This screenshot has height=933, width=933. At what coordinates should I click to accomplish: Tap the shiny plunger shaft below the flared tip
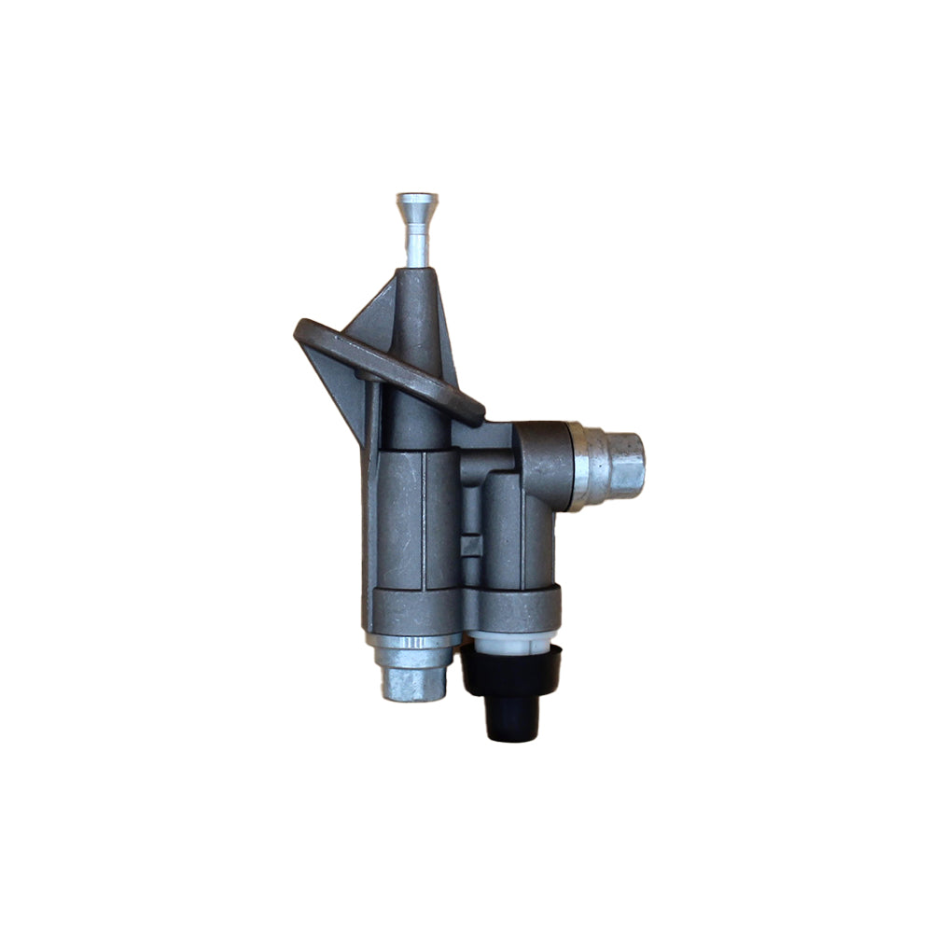pos(416,244)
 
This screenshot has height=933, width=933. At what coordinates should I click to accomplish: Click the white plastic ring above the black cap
pos(510,643)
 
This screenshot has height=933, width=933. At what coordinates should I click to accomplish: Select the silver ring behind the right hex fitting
pos(583,465)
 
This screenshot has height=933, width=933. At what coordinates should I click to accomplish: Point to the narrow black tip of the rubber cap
pos(512,722)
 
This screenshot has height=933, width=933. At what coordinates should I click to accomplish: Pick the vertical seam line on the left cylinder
pos(425,522)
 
